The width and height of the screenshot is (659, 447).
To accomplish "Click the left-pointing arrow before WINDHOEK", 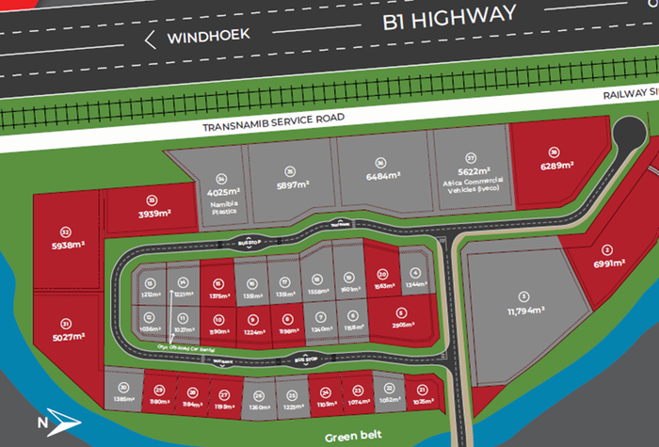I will click(x=150, y=40).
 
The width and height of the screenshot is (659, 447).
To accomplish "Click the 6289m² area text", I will click(x=554, y=166).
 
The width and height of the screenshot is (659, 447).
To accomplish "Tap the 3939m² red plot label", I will click(x=153, y=214).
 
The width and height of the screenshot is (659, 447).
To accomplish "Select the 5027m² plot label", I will click(x=65, y=336).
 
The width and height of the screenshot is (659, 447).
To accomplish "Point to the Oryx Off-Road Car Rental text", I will click(x=179, y=346).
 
